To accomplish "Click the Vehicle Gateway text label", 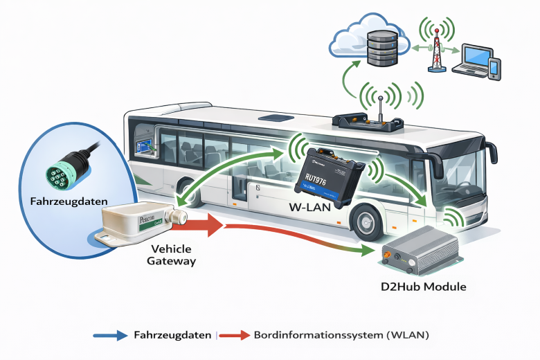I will point(172,255).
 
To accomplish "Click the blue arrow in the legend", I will point(111,335).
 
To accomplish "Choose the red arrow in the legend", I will point(235,335).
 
